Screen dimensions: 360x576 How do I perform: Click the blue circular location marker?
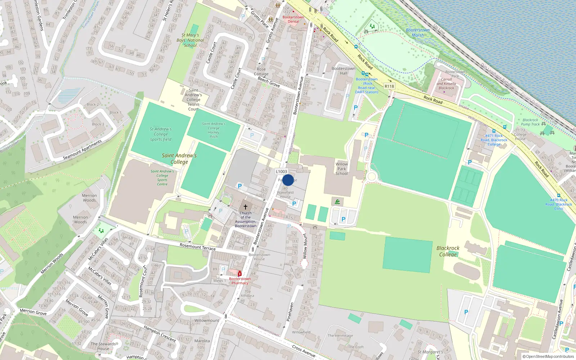pyautogui.click(x=288, y=180)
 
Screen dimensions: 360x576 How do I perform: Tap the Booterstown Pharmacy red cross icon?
pyautogui.click(x=240, y=274)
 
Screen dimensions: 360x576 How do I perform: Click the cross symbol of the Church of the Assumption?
pyautogui.click(x=246, y=207)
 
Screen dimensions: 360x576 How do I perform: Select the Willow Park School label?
pyautogui.click(x=342, y=169)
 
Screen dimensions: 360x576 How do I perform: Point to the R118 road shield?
pyautogui.click(x=389, y=86)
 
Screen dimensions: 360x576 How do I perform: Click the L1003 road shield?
pyautogui.click(x=282, y=172)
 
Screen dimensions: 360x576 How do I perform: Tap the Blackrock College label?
pyautogui.click(x=448, y=251)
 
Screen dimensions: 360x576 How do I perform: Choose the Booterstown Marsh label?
pyautogui.click(x=418, y=33)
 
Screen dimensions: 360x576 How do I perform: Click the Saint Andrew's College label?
pyautogui.click(x=179, y=158)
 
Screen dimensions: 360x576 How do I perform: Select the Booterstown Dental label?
pyautogui.click(x=293, y=19)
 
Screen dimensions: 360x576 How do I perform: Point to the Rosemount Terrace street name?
pyautogui.click(x=198, y=247)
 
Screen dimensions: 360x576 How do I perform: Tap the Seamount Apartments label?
pyautogui.click(x=82, y=150)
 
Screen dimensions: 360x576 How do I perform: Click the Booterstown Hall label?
pyautogui.click(x=343, y=71)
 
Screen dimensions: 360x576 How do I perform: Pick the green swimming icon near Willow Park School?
pyautogui.click(x=337, y=202)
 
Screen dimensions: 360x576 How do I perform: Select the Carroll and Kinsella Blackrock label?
pyautogui.click(x=446, y=84)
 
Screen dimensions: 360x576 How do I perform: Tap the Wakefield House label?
pyautogui.click(x=285, y=195)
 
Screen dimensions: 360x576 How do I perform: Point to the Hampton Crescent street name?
pyautogui.click(x=159, y=334)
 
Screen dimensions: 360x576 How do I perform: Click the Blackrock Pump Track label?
pyautogui.click(x=531, y=122)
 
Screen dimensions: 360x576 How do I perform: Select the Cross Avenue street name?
pyautogui.click(x=304, y=351)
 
